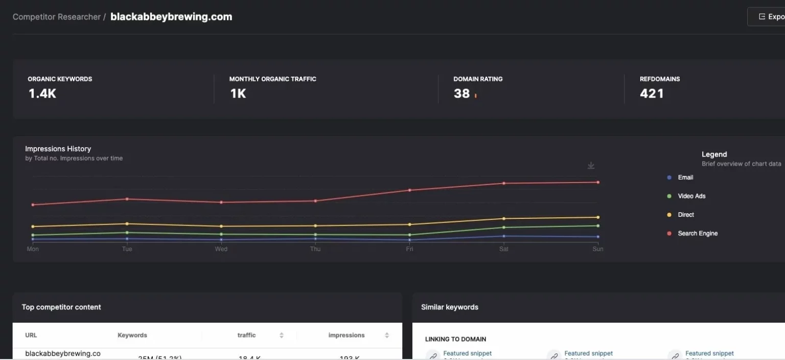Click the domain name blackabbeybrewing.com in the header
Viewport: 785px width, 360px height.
[x=171, y=17]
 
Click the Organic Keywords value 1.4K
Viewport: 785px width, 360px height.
[x=42, y=94]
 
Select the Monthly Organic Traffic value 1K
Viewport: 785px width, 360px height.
[x=238, y=94]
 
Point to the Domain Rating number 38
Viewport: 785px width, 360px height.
[x=461, y=94]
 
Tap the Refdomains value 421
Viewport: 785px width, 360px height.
[x=652, y=94]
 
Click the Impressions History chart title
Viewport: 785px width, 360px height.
[x=58, y=149]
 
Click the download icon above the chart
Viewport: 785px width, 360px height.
[x=591, y=166]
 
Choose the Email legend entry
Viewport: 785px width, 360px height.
[x=685, y=177]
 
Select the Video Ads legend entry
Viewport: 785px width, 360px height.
[x=691, y=196]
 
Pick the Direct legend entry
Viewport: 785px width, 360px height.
[x=686, y=215]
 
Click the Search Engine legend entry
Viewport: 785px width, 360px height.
[x=698, y=234]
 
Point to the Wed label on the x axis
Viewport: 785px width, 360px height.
[x=221, y=249]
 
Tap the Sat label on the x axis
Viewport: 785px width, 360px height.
[x=503, y=249]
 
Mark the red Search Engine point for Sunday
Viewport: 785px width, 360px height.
[x=598, y=182]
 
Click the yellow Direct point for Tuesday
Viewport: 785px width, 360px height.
[x=127, y=223]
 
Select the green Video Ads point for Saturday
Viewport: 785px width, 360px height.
[x=504, y=228]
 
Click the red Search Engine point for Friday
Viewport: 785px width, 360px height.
[x=409, y=190]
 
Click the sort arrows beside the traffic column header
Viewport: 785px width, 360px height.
[x=282, y=335]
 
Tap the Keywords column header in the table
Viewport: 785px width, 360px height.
[x=132, y=335]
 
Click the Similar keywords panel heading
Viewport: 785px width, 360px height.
[x=450, y=307]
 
